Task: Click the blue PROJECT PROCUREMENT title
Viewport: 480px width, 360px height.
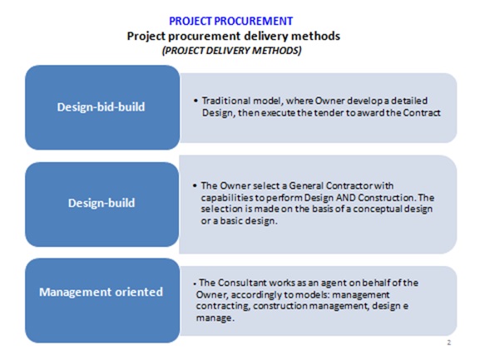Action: [x=230, y=21]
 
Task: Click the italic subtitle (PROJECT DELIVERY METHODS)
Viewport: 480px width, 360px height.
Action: [x=232, y=51]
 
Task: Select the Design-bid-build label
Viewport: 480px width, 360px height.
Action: [x=101, y=107]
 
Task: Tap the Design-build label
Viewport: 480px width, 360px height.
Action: [x=101, y=203]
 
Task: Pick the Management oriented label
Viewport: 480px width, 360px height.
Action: [x=101, y=292]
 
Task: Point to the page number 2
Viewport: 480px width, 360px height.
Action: [x=449, y=343]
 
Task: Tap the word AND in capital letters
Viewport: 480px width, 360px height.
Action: [x=345, y=198]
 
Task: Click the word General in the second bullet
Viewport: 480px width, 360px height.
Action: [x=306, y=185]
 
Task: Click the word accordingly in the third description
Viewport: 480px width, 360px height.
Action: [x=256, y=295]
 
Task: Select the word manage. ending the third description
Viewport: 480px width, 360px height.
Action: [x=215, y=318]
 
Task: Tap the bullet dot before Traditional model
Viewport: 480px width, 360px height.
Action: [x=195, y=101]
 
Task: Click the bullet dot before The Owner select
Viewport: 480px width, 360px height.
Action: [x=195, y=185]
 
